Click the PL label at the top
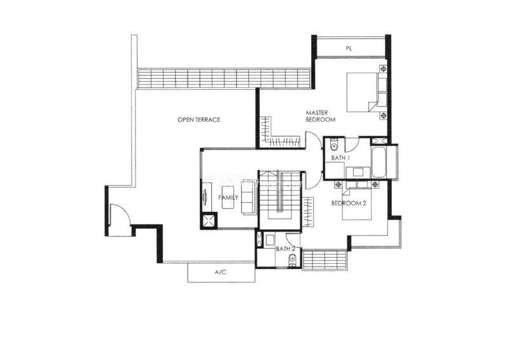(x=349, y=49)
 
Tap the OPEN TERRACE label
(x=199, y=120)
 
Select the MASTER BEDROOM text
(x=320, y=116)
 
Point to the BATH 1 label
(x=340, y=158)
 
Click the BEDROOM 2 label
(x=348, y=204)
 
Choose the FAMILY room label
(x=228, y=197)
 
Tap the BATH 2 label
(x=285, y=249)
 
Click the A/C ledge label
(x=220, y=272)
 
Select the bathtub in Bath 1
(x=379, y=162)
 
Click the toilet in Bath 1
(x=334, y=144)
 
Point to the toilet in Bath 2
(x=292, y=260)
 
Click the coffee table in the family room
(x=228, y=197)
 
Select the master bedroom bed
(x=367, y=92)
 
